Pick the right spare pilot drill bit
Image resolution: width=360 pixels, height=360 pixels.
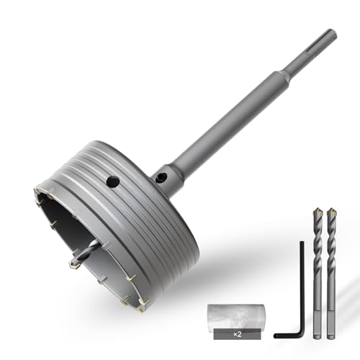330,274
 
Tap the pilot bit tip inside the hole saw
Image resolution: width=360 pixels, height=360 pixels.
73,263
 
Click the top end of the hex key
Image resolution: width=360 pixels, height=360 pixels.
302,243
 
